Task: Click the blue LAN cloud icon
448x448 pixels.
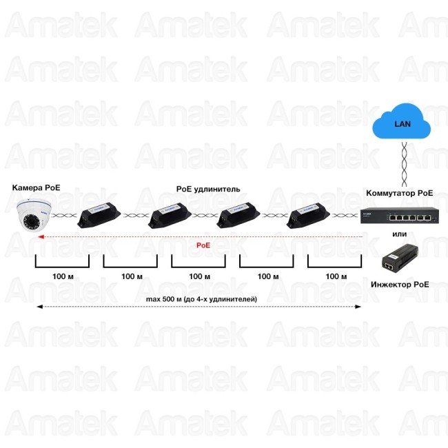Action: coord(400,125)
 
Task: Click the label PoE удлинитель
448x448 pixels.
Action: coord(208,188)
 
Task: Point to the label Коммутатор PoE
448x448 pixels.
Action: coord(399,194)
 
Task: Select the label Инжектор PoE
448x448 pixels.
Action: coord(400,284)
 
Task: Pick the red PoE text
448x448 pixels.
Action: coord(203,245)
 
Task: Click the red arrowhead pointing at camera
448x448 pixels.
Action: coord(41,236)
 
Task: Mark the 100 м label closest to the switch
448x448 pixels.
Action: coord(336,276)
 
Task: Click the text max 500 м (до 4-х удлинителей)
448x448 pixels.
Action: coord(201,299)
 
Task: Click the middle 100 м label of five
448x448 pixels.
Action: coord(199,276)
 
